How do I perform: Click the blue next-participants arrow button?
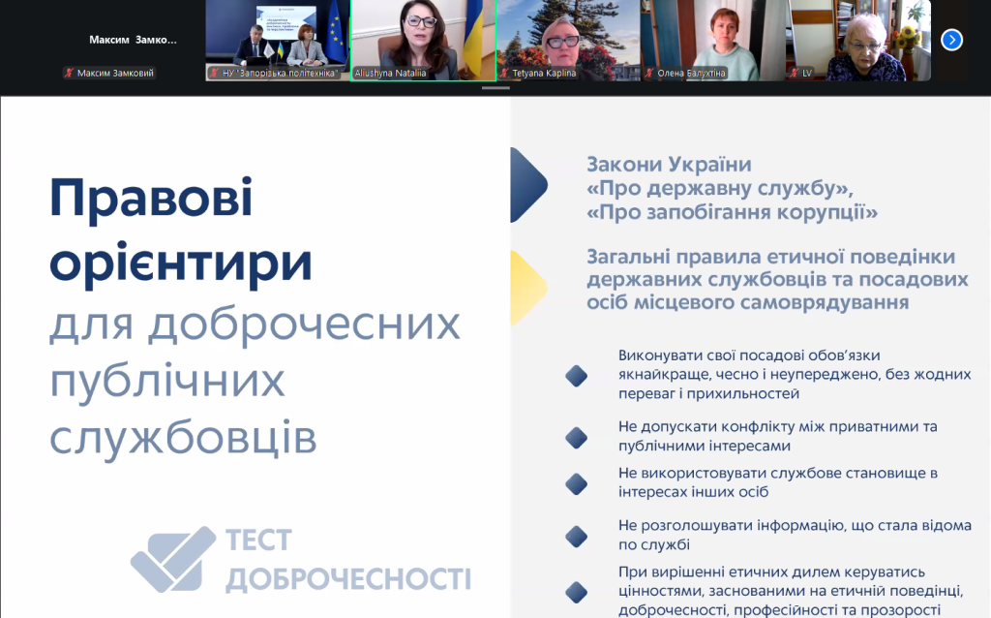(952, 40)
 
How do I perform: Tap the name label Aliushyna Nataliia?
(391, 73)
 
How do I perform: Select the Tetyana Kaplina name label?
(539, 73)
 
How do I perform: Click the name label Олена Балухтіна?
(691, 73)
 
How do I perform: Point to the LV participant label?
(806, 73)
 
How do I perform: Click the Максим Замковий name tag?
(114, 73)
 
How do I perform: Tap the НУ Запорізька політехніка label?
(279, 73)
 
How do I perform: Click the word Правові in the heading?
(151, 200)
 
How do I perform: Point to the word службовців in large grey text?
(183, 437)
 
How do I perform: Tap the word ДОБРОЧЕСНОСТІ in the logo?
(347, 578)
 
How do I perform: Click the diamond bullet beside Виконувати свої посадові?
(576, 376)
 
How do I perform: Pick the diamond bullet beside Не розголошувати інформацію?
(576, 535)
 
